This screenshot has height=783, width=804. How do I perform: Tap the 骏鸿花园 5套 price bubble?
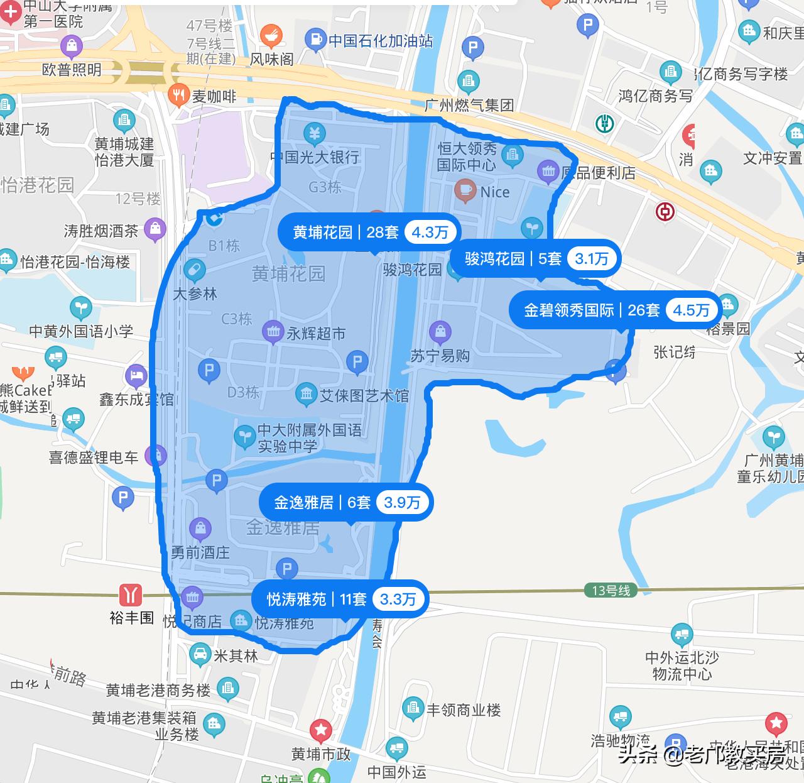coord(536,259)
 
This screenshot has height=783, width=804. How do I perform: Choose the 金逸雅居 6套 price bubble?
coord(347,503)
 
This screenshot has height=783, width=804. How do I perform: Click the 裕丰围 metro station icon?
coord(131,594)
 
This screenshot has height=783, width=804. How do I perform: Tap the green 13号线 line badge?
coord(611,591)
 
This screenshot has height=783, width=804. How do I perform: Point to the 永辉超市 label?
coord(316,334)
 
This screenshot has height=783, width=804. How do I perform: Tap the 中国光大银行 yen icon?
coord(314,133)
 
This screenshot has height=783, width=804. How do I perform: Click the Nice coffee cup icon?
coord(465,190)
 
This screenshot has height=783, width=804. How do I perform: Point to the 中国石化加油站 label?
coord(381,41)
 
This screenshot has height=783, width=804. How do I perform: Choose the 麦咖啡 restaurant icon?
coord(180,95)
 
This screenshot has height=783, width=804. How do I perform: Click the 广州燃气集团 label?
coord(469,105)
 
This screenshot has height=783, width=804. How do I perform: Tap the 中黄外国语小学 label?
coord(81,331)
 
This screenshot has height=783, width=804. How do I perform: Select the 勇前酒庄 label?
coord(200,553)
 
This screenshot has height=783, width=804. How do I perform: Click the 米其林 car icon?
coord(200,655)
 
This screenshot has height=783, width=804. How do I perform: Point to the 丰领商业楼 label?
coord(464,710)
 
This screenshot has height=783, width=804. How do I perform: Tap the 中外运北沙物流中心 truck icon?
coord(682,635)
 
